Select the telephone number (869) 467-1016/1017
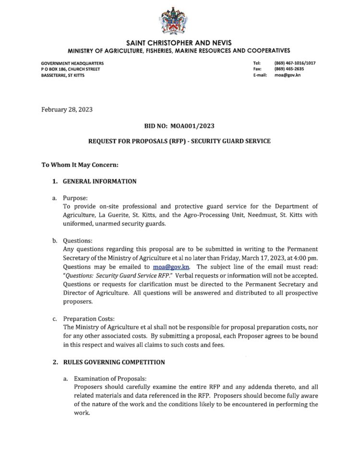pos(295,63)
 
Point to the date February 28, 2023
pos(67,109)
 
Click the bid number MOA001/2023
pos(179,126)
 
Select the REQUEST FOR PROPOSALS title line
pos(180,141)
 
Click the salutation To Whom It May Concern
pos(80,165)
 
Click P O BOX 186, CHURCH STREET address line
pos(71,69)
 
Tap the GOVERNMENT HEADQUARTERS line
pos(72,63)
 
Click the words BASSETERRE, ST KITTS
pos(63,75)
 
